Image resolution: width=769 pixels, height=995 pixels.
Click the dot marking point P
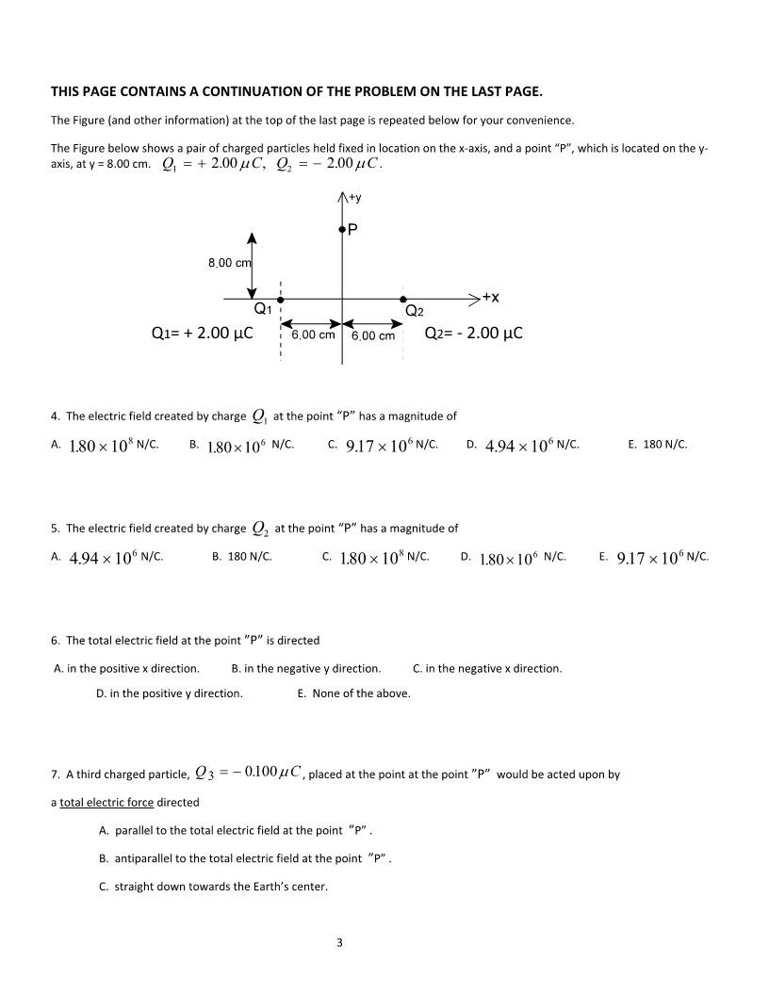342,229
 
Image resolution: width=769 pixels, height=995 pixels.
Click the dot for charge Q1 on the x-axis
280,299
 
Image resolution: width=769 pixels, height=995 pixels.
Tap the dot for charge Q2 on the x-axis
403,299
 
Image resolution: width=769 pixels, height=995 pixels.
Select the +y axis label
355,198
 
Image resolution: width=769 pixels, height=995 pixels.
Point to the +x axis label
490,297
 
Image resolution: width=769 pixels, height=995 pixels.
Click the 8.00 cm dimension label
229,263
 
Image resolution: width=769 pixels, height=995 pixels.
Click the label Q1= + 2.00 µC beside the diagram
202,334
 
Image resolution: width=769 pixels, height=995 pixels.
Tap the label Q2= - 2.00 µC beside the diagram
473,334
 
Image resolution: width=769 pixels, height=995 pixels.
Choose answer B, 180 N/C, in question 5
242,557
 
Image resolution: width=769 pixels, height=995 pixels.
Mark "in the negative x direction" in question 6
487,669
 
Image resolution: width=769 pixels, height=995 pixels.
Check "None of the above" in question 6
353,693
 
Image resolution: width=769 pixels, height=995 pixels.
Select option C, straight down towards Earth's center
213,887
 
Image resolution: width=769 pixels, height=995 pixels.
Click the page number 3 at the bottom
339,941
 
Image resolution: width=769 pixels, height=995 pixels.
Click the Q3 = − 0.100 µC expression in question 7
248,774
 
